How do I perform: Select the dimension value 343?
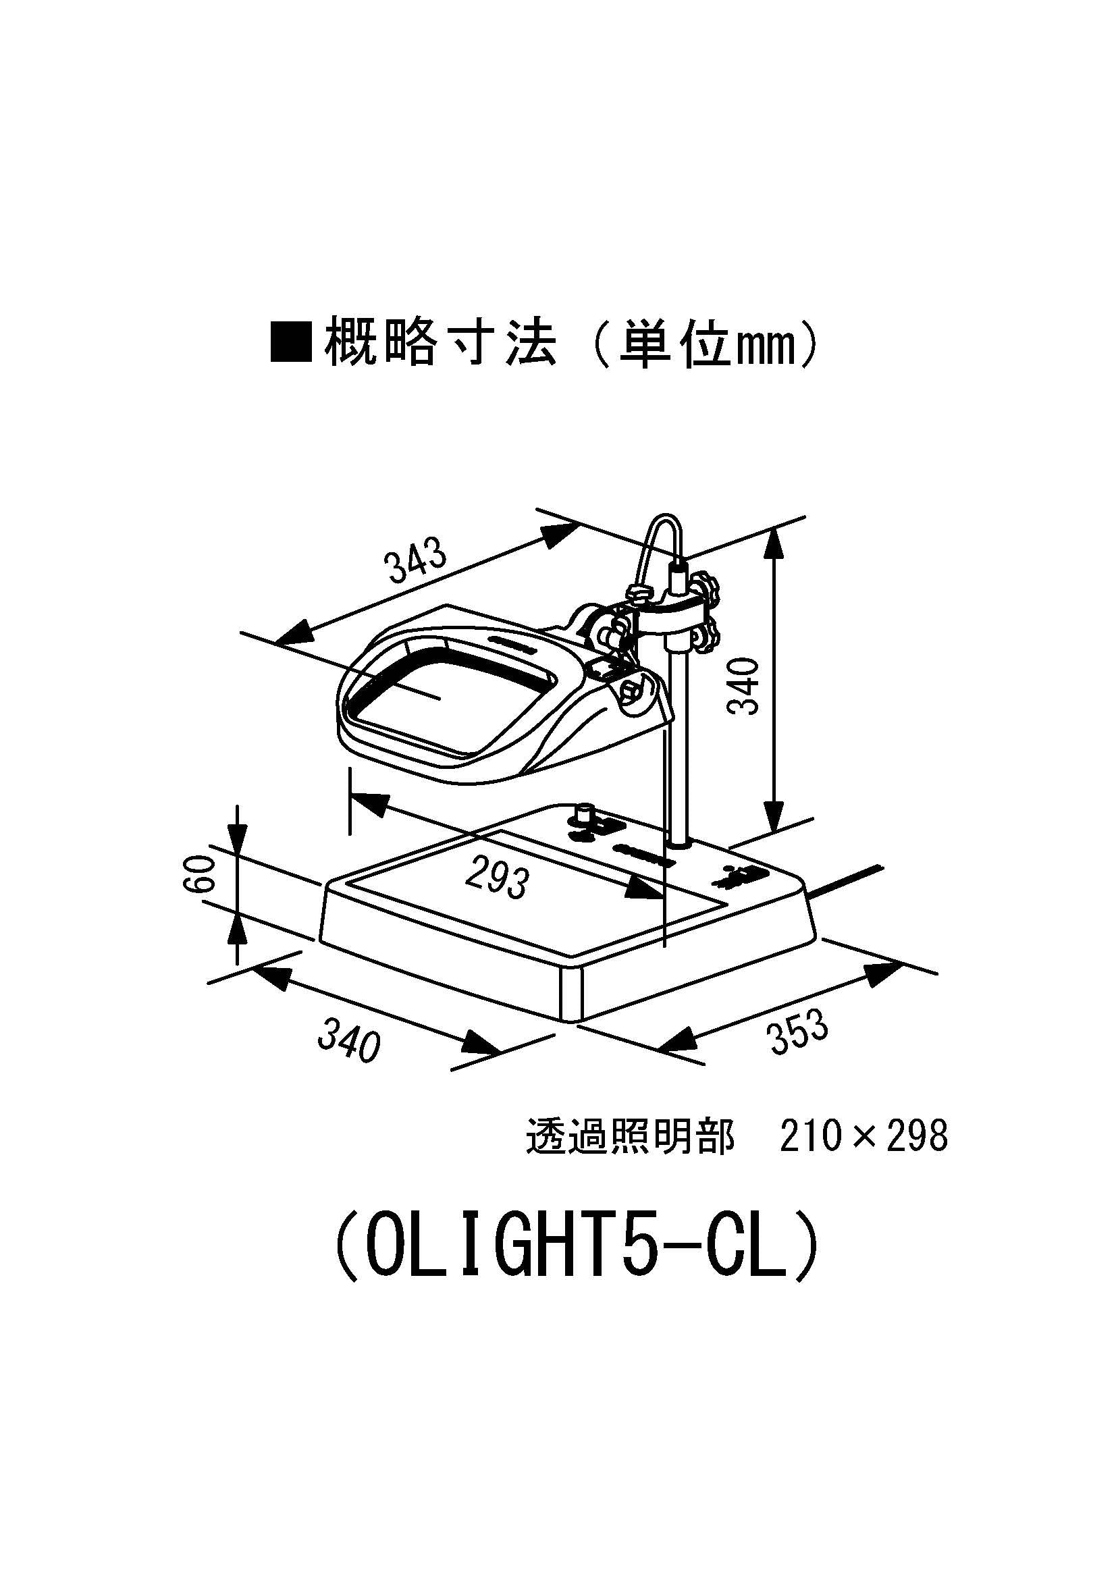416,562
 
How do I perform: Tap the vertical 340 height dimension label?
744,686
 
